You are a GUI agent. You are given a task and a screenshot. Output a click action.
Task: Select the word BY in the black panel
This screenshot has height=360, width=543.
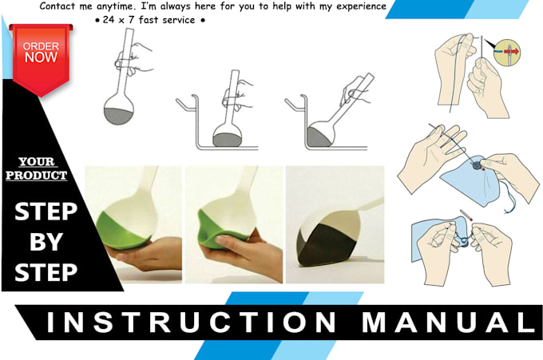46,242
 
